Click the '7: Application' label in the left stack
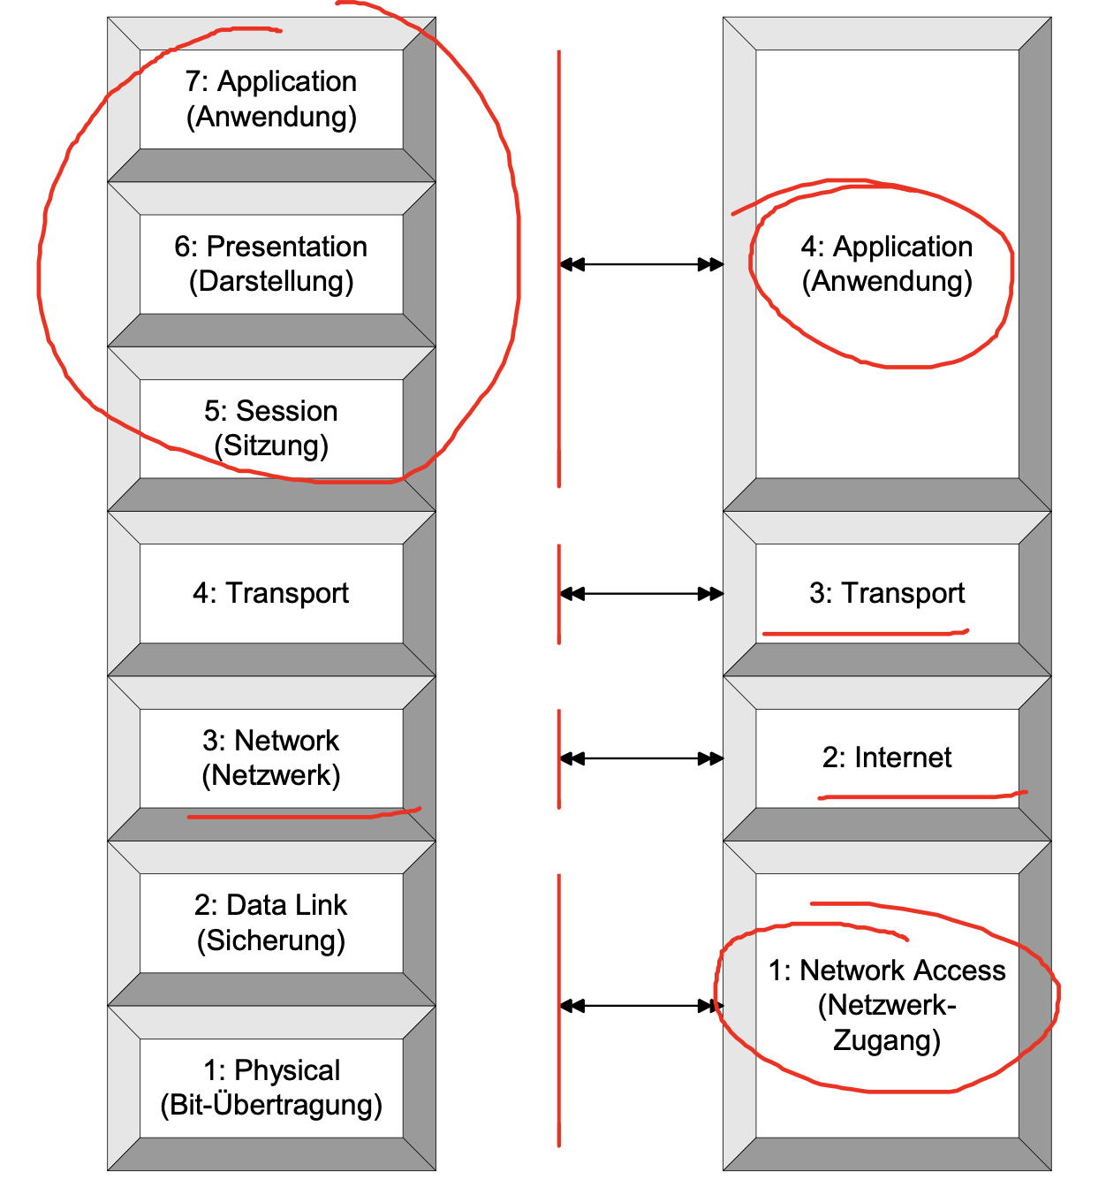271,81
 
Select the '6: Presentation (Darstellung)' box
271,263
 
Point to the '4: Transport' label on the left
271,593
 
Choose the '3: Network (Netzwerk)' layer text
271,757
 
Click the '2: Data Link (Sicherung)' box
271,923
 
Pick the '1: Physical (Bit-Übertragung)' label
271,1087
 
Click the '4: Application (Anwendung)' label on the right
887,263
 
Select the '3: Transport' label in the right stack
887,593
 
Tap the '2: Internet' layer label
887,757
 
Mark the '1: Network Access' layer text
887,970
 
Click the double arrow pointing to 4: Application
641,264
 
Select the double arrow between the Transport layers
641,594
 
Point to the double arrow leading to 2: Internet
641,758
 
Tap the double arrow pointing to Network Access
641,1006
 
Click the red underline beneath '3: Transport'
866,633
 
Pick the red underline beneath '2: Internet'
919,796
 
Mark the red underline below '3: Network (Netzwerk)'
300,816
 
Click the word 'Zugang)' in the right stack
887,1040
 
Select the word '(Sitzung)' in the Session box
271,445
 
